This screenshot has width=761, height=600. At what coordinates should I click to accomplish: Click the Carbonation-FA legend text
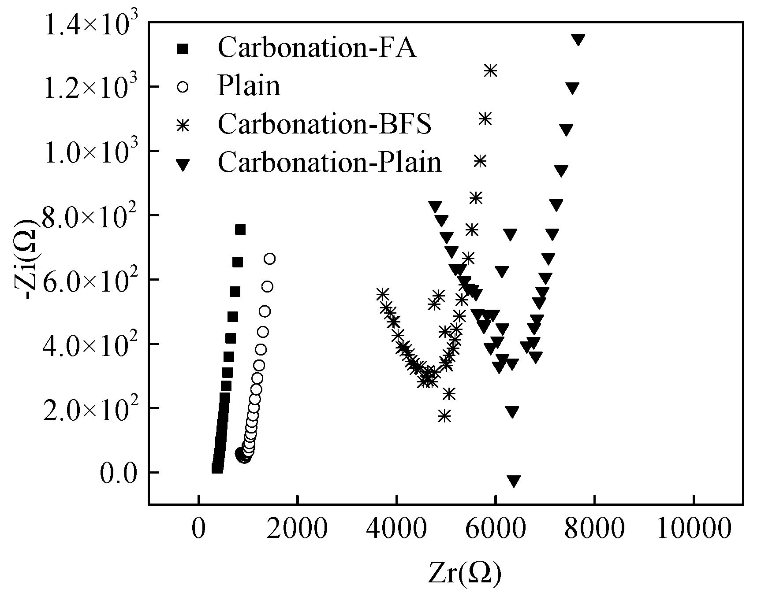pyautogui.click(x=317, y=47)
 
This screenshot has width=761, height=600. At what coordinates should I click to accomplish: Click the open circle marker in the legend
pyautogui.click(x=183, y=87)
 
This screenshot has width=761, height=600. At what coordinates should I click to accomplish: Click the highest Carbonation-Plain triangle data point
pyautogui.click(x=578, y=39)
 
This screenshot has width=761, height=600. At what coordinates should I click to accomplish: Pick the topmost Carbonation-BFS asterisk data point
pyautogui.click(x=490, y=70)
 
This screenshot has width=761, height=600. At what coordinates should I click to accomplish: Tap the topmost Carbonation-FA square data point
pyautogui.click(x=240, y=230)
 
